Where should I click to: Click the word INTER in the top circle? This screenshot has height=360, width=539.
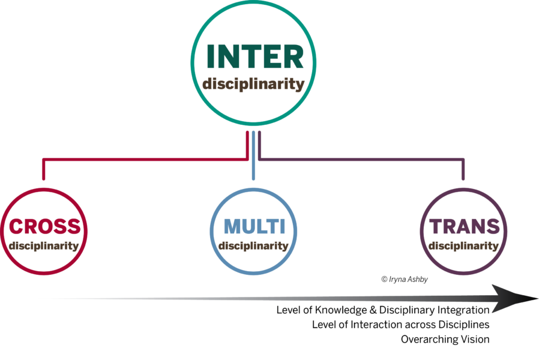(x=254, y=56)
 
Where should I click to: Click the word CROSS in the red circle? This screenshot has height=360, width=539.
(x=44, y=226)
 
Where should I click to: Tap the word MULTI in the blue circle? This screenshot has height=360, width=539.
(x=254, y=226)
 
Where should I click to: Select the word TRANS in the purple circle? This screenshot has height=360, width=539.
(x=465, y=226)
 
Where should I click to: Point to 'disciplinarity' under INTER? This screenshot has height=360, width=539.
(x=253, y=84)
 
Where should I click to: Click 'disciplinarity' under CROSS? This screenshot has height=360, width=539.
(x=44, y=246)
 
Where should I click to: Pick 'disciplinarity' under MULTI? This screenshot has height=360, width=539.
(x=253, y=246)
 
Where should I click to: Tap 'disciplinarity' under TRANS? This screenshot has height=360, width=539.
(x=463, y=246)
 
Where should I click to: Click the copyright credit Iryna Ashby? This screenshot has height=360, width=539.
(x=405, y=279)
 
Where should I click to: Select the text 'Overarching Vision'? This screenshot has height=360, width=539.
(x=445, y=340)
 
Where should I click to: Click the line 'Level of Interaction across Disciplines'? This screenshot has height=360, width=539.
(x=401, y=325)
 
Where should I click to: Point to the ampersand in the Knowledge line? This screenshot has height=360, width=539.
(x=373, y=310)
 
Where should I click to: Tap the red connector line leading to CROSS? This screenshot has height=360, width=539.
(x=146, y=159)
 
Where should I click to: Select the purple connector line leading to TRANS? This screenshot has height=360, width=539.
(x=361, y=159)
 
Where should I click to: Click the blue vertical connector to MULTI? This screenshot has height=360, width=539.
(x=253, y=155)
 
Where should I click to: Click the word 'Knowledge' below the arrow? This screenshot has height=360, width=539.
(x=341, y=311)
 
